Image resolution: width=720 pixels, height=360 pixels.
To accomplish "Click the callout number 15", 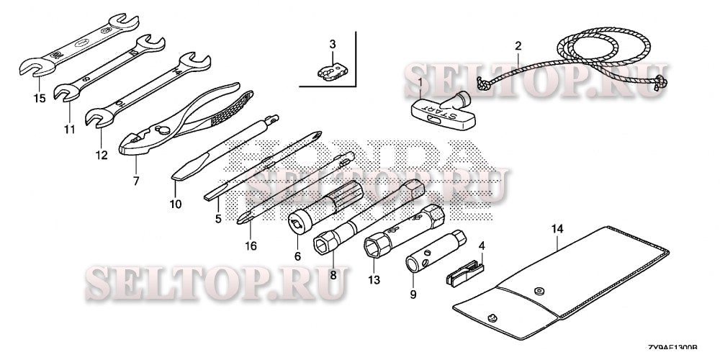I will [x=38, y=98].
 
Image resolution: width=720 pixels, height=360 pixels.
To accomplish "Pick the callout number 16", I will [x=251, y=246].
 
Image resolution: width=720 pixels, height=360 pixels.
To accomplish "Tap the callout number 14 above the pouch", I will [x=556, y=229].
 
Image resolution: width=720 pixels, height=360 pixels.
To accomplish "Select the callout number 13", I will [x=373, y=279].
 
